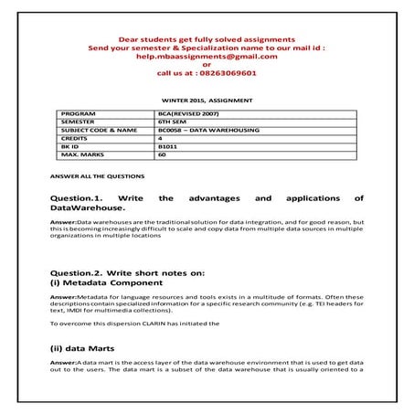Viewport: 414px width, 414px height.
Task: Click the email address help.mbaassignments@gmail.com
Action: (x=207, y=55)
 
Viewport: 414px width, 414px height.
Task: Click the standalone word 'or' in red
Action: (x=207, y=64)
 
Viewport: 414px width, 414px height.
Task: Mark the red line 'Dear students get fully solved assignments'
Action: (x=207, y=39)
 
